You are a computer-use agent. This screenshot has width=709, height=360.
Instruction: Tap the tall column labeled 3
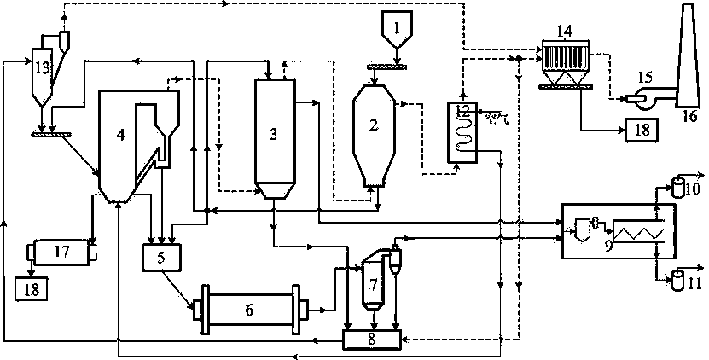[x=274, y=133]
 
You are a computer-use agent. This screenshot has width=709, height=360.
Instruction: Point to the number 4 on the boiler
[x=120, y=135]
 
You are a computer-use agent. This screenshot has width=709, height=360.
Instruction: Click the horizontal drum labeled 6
[x=249, y=309]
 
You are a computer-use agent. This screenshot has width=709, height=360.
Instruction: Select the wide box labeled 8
[x=371, y=340]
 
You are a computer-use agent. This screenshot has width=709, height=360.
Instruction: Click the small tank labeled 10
[x=679, y=185]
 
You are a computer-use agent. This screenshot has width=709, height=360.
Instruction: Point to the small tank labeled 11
[x=680, y=277]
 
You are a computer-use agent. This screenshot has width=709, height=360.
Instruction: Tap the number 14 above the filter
[x=564, y=32]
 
